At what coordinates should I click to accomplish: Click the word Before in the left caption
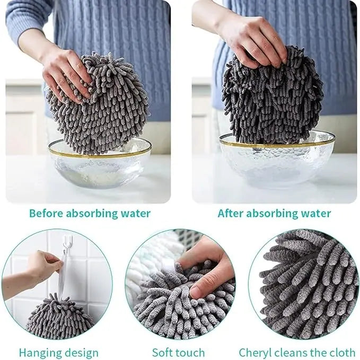(x=46, y=213)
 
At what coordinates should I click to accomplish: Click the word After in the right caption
(x=230, y=213)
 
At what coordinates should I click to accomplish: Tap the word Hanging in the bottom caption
(x=37, y=353)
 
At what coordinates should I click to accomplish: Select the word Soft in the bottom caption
(x=162, y=353)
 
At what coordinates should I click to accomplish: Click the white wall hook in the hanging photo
(x=68, y=243)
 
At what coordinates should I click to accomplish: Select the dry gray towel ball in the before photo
(x=99, y=103)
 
